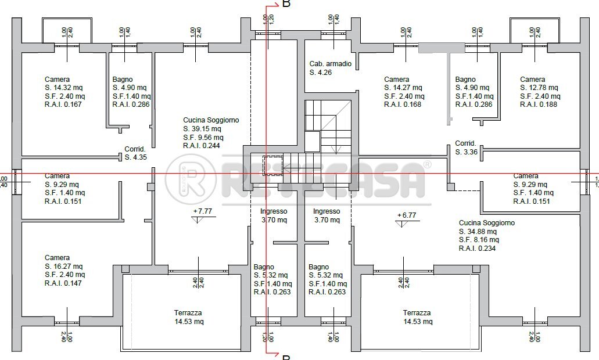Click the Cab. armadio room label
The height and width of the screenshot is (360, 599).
(330, 68)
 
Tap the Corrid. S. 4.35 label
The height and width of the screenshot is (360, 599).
(135, 153)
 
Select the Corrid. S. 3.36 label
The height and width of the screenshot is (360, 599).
(466, 148)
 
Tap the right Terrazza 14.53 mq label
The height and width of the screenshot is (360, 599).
(418, 317)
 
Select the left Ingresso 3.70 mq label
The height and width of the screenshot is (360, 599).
(273, 216)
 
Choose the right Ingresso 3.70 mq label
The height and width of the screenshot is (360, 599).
(326, 216)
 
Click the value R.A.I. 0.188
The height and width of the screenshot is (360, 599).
(540, 105)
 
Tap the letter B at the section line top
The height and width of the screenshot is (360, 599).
(286, 5)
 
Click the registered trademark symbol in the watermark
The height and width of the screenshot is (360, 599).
(427, 164)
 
